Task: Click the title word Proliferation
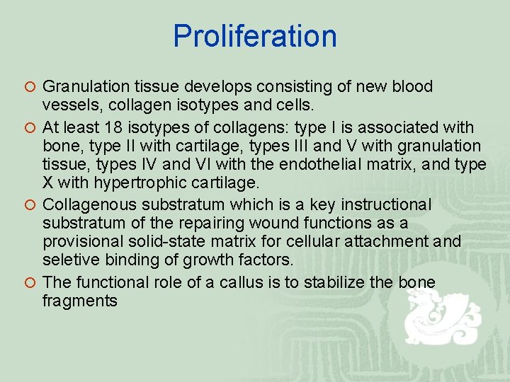(255, 36)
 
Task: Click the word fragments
(79, 301)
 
